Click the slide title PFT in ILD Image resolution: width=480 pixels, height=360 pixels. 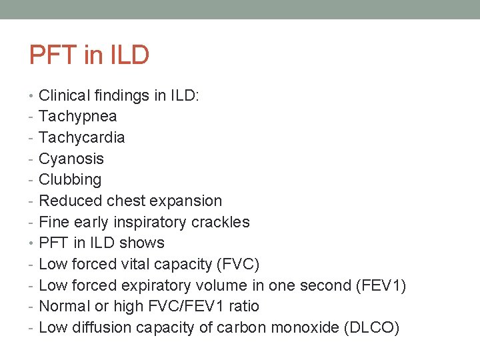(89, 55)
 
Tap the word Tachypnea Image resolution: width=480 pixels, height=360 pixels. (78, 117)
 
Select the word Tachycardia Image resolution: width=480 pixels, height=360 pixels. (82, 137)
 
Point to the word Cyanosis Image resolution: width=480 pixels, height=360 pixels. (71, 159)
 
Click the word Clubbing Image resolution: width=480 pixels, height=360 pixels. (70, 180)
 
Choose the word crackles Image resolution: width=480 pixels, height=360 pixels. (221, 222)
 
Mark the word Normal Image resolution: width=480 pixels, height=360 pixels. (65, 306)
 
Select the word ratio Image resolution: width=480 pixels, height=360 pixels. (244, 306)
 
